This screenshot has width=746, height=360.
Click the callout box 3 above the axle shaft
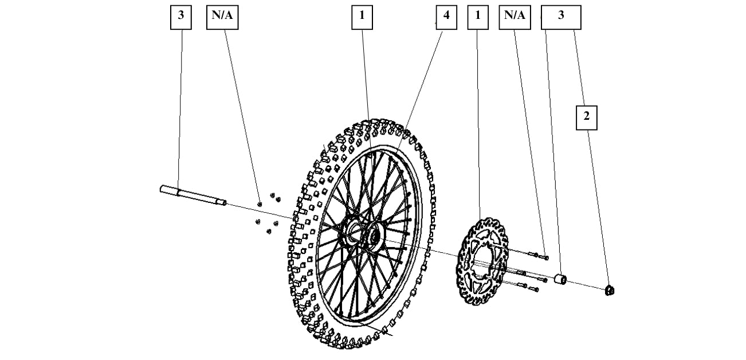[x=181, y=17]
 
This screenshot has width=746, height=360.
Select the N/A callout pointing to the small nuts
[x=222, y=17]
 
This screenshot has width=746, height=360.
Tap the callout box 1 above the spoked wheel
[x=362, y=17]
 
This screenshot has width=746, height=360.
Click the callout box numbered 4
[x=446, y=17]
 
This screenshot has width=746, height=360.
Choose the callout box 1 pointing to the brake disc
[x=478, y=17]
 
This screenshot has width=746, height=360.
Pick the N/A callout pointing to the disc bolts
[x=515, y=17]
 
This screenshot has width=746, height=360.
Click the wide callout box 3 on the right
[x=561, y=17]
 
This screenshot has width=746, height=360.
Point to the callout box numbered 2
[x=587, y=118]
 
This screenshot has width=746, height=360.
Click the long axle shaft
[x=193, y=195]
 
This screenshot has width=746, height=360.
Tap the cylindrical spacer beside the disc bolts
[x=560, y=279]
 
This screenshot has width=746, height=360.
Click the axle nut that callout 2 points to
[x=610, y=290]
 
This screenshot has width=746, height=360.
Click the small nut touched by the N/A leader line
[x=260, y=204]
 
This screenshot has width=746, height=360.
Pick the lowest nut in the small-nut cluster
[x=269, y=232]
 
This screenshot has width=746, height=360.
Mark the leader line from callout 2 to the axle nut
[x=599, y=208]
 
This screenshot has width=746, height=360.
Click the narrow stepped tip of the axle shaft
[x=222, y=202]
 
